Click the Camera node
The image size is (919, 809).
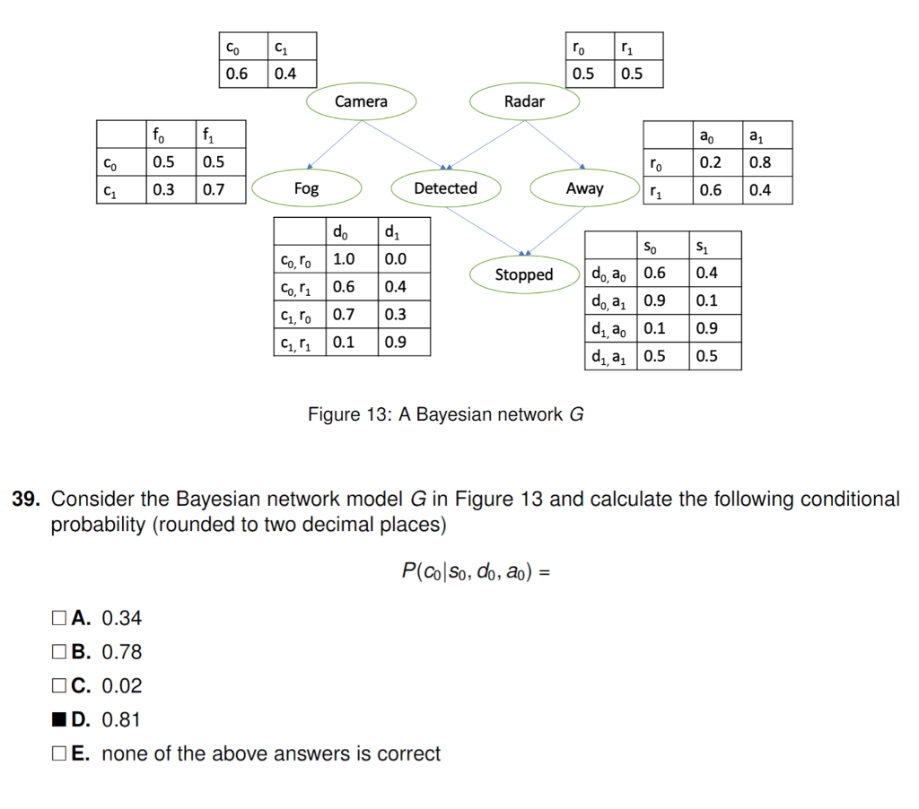point(361,101)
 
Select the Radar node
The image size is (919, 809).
point(524,101)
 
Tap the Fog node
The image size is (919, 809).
point(306,188)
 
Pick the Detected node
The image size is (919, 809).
point(445,188)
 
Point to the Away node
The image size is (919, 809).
point(584,188)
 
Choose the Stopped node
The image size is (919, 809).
point(524,274)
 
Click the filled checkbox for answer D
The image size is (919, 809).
point(59,719)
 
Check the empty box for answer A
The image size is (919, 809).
point(59,617)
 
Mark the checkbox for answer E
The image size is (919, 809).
point(59,753)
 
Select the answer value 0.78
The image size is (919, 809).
point(122,652)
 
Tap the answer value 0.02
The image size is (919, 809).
point(122,686)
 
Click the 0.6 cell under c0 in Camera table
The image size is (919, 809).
point(237,74)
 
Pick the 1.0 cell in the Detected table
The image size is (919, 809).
point(344,259)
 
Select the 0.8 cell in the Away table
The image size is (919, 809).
point(759,162)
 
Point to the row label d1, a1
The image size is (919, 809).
point(609,356)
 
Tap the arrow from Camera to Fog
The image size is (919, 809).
point(334,143)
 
